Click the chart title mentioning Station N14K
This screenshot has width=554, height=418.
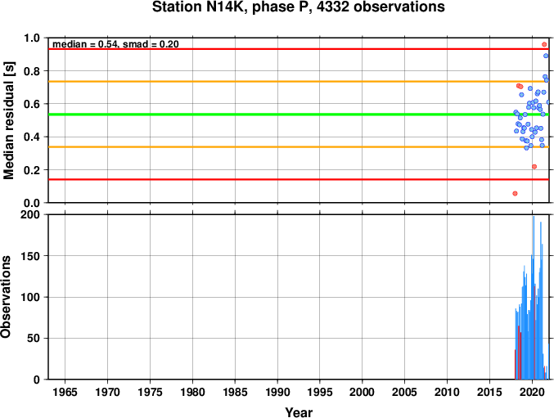(x=298, y=7)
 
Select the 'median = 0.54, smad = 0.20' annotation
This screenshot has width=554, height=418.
(x=115, y=44)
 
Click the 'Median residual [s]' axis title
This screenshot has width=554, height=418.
(x=8, y=120)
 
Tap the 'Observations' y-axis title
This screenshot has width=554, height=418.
(x=6, y=297)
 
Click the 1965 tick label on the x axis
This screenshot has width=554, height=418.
(x=65, y=392)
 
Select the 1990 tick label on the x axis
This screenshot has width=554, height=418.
(x=277, y=392)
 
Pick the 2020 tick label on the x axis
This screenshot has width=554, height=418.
(x=532, y=392)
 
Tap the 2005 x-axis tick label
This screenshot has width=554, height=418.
(x=404, y=392)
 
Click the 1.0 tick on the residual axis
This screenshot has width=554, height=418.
(x=32, y=38)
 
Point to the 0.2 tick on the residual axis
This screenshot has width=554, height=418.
(x=32, y=170)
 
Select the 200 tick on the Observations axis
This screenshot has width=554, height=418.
(x=30, y=214)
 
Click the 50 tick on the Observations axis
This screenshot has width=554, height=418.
(x=34, y=338)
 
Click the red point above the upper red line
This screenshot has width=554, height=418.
(x=544, y=44)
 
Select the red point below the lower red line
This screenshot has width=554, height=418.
(x=516, y=194)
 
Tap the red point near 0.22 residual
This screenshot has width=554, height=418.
(x=534, y=167)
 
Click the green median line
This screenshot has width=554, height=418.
(x=299, y=115)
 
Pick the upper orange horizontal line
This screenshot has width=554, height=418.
(x=299, y=82)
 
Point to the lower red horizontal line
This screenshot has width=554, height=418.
(x=299, y=180)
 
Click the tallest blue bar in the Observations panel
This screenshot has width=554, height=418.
(x=534, y=298)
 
